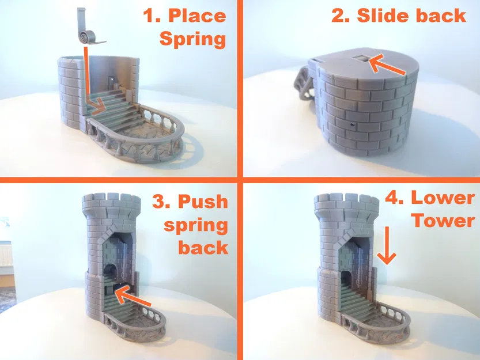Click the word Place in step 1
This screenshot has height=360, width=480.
[x=198, y=16]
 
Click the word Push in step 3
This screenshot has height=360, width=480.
[x=203, y=202]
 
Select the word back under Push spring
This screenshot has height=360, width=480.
[x=203, y=247]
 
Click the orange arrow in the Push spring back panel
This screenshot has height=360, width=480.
[x=133, y=298]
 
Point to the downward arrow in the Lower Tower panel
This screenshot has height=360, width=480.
[x=387, y=245]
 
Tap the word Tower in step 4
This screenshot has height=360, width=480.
[x=444, y=221]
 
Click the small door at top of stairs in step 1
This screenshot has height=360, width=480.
[x=110, y=81]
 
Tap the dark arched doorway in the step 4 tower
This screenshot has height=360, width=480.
[x=346, y=280]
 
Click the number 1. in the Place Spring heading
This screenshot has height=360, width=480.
[x=152, y=16]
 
